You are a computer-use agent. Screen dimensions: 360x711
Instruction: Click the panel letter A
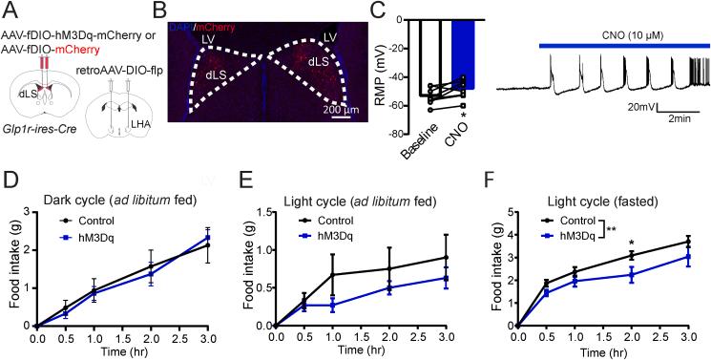(x=8, y=10)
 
